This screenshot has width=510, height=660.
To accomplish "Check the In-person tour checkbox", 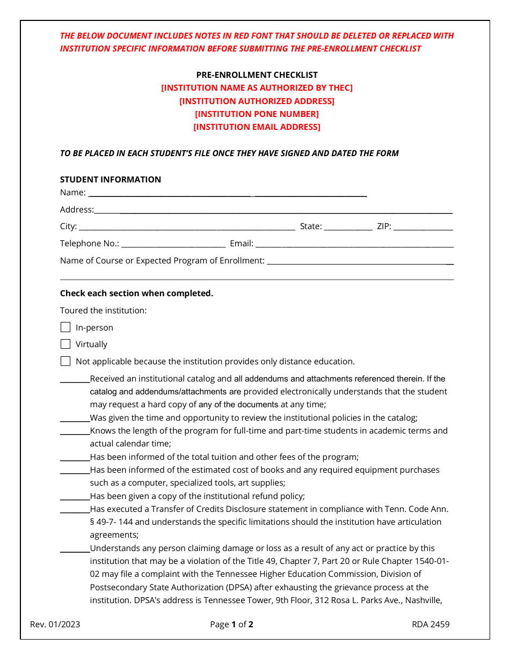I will point(65,327).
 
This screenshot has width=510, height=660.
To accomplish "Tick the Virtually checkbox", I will point(65,344).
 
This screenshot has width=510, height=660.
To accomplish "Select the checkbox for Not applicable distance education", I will point(65,361).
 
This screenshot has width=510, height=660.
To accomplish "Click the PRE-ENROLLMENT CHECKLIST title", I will point(257,75).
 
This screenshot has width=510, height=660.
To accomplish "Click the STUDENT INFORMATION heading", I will point(110,179).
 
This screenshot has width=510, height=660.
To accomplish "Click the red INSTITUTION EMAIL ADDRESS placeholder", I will point(257,127).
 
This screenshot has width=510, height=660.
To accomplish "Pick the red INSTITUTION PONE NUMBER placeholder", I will point(257,114).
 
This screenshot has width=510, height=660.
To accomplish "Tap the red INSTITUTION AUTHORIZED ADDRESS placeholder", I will point(257,101).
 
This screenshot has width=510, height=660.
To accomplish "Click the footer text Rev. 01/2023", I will point(55,624).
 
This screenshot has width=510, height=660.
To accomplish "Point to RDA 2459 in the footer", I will point(431,624).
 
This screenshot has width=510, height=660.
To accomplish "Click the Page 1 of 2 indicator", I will point(231,624).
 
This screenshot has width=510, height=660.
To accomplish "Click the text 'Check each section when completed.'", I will point(136,293).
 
